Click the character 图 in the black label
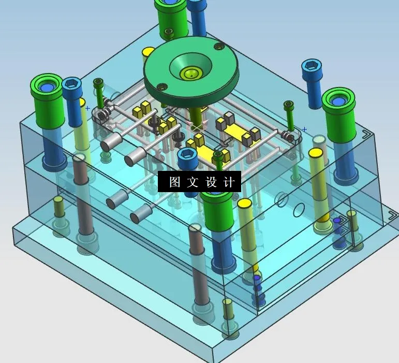(x=174, y=182)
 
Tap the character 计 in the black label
(x=230, y=182)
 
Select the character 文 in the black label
(x=193, y=182)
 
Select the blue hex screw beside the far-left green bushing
(x=71, y=85)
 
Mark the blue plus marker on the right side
(x=305, y=129)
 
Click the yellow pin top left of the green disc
(x=148, y=52)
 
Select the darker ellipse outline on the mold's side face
(x=299, y=210)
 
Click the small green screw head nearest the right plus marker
(x=289, y=106)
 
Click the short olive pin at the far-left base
(x=59, y=207)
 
